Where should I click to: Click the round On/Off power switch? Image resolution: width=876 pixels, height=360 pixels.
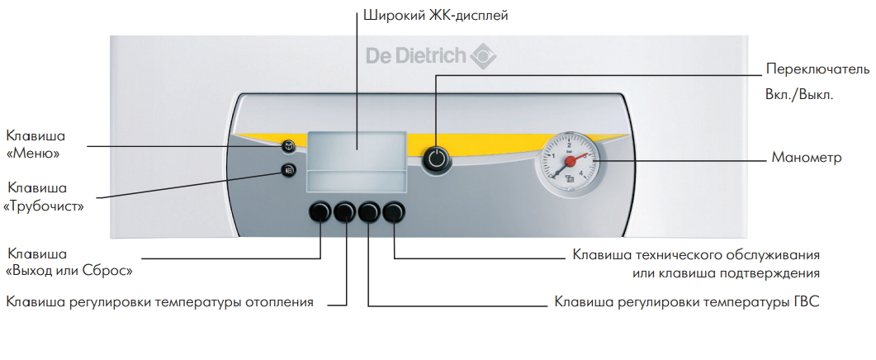coord(437,159)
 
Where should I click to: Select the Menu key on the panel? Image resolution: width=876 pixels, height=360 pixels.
coord(288,147)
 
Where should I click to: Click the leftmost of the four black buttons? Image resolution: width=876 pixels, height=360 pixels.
coord(319,212)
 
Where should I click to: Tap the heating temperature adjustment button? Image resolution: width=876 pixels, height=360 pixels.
coord(344,212)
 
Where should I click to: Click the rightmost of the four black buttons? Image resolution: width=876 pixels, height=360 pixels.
coord(395,212)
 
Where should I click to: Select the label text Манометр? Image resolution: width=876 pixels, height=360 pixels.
coord(806,156)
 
